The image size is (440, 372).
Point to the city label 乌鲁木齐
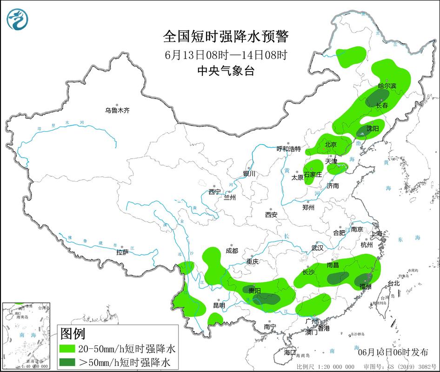[x=117, y=111]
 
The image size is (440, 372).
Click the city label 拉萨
[x=122, y=252]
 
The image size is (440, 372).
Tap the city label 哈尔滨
[x=387, y=86]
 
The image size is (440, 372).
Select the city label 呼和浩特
[x=289, y=149]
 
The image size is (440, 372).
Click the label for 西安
[x=271, y=215]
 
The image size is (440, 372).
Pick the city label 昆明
[x=219, y=306]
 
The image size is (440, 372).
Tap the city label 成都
[x=232, y=251]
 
